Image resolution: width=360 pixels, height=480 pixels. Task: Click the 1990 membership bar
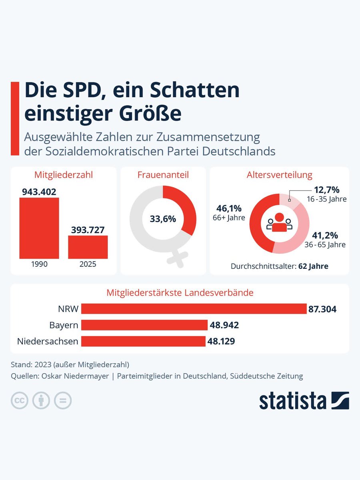point(39,228)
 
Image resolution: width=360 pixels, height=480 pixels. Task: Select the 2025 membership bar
point(88,247)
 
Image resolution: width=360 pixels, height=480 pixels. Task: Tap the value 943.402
point(39,192)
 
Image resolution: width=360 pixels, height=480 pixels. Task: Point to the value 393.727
point(88,230)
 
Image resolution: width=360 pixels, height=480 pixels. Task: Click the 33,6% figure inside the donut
point(163,219)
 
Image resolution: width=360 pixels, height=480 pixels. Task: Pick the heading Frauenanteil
point(163,175)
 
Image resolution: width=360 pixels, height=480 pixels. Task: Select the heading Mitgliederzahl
point(63,175)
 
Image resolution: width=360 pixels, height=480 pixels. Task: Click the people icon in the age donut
point(279,222)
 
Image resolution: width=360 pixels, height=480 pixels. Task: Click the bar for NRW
point(194,309)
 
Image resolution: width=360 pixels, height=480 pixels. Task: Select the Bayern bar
point(144,325)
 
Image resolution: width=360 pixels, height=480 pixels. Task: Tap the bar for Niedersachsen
point(143,341)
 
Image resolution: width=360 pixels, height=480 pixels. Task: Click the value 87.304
point(322,309)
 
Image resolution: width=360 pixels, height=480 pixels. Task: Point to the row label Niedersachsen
point(48,341)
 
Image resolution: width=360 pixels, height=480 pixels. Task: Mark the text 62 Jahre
point(313,266)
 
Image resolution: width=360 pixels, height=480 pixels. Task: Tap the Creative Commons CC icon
point(19,400)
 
